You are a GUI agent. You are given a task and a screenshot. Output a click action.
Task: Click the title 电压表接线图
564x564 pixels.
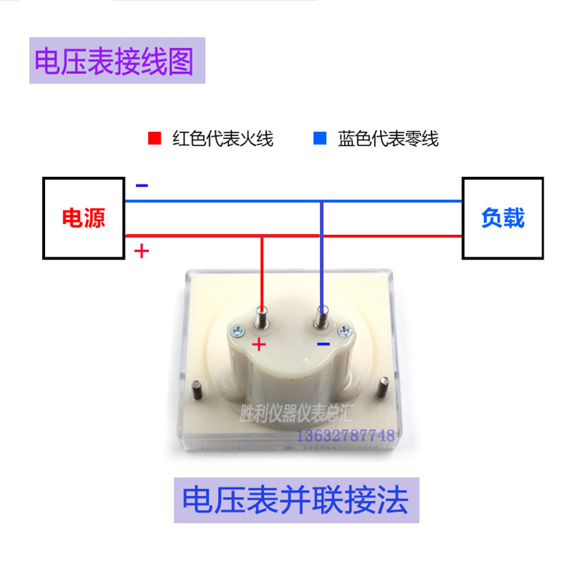pyautogui.click(x=114, y=61)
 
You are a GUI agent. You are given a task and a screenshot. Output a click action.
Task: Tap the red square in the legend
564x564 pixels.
pyautogui.click(x=154, y=138)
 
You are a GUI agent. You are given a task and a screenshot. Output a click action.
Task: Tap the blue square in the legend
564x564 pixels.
pyautogui.click(x=320, y=138)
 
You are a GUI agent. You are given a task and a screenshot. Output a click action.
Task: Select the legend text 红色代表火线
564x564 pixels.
pyautogui.click(x=223, y=139)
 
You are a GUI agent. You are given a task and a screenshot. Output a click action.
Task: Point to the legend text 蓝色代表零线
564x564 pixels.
pyautogui.click(x=388, y=139)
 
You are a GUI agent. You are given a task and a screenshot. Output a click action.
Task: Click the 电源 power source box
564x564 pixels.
pyautogui.click(x=84, y=218)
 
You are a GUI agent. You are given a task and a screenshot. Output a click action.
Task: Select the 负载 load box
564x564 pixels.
pyautogui.click(x=503, y=218)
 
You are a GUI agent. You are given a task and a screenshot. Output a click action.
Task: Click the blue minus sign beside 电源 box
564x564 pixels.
pyautogui.click(x=142, y=185)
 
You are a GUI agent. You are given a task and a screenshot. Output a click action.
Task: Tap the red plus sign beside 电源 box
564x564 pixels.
pyautogui.click(x=142, y=251)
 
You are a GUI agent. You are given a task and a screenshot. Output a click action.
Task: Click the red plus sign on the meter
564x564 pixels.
pyautogui.click(x=259, y=344)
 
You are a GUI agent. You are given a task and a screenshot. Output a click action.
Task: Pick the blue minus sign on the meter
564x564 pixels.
pyautogui.click(x=324, y=344)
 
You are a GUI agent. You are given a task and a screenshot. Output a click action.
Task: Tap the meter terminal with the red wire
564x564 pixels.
pyautogui.click(x=262, y=317)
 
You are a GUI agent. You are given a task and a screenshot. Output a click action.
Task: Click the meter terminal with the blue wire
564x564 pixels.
pyautogui.click(x=322, y=317)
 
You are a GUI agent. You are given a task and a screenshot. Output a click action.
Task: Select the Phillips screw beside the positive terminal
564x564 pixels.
pyautogui.click(x=238, y=331)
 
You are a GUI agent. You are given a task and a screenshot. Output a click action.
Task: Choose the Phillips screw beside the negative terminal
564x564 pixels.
pyautogui.click(x=345, y=331)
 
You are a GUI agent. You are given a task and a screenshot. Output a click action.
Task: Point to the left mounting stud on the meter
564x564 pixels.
pyautogui.click(x=197, y=390)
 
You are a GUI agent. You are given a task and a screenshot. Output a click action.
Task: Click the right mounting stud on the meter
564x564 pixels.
pyautogui.click(x=383, y=387)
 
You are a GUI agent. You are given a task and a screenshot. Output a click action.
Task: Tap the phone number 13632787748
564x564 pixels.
pyautogui.click(x=345, y=436)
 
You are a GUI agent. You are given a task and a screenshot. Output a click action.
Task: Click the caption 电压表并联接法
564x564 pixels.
pyautogui.click(x=295, y=500)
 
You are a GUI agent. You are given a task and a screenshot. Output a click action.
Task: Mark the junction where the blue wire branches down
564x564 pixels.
pyautogui.click(x=322, y=202)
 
